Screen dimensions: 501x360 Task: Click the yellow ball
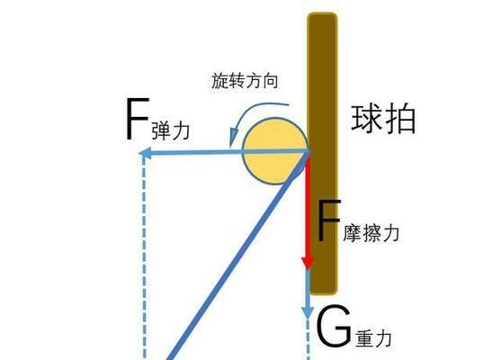(x=274, y=151)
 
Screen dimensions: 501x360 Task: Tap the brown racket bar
(x=322, y=154)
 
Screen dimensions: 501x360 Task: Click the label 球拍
(x=383, y=119)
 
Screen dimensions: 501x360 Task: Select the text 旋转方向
(x=245, y=81)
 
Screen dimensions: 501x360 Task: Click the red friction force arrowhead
(x=308, y=262)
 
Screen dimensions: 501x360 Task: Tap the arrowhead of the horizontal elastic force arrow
(x=146, y=153)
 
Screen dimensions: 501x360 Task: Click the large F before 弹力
(x=138, y=119)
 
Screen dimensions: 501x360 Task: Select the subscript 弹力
(x=171, y=130)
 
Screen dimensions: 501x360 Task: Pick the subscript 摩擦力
(x=371, y=232)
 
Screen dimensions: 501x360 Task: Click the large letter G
(x=334, y=326)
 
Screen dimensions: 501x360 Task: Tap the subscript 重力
(x=374, y=338)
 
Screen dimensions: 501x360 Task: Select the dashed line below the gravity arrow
(x=308, y=340)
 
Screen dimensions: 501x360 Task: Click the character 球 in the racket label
(x=366, y=119)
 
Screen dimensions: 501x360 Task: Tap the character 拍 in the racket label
(x=400, y=120)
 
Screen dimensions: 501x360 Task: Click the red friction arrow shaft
(x=308, y=207)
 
